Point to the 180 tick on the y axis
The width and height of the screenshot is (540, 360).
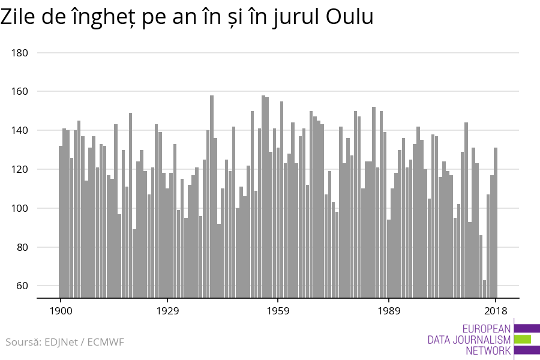20,53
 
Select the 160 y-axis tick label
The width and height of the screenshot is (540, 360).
20,92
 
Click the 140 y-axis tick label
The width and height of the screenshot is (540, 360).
20,131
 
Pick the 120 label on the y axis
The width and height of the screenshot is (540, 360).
20,170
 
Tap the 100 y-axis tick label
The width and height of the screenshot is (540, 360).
20,209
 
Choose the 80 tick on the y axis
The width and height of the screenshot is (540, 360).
22,247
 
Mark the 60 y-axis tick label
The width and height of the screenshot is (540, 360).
22,286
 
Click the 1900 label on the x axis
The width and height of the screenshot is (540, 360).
61,311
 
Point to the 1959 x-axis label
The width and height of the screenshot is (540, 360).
278,311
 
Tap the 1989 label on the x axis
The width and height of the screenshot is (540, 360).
389,311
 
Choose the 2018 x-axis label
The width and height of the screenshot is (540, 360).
496,311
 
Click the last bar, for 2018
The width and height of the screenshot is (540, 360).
496,222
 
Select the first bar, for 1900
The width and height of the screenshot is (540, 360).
61,222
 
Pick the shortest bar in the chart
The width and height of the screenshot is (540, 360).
485,289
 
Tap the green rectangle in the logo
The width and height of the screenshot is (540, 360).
523,339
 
